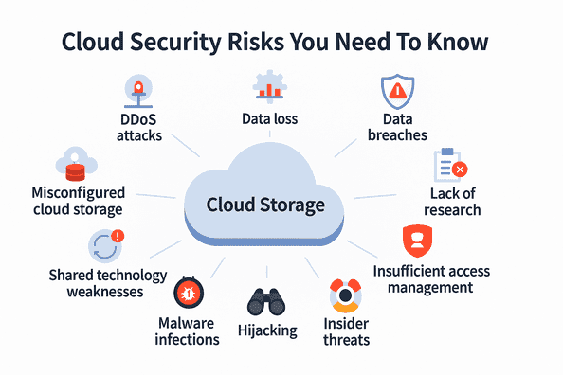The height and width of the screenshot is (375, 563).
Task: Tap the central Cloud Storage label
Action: coord(265,205)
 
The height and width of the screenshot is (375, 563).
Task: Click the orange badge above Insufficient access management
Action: coord(415,240)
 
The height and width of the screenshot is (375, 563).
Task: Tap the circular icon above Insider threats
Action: coord(346,296)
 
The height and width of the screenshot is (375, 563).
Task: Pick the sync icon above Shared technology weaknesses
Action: coord(101,245)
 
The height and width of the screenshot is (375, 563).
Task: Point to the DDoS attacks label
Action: coord(139,129)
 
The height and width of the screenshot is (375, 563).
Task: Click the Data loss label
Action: coord(270,119)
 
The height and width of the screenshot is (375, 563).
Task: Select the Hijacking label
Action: coord(266,331)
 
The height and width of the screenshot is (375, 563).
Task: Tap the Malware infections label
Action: coord(187,331)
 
